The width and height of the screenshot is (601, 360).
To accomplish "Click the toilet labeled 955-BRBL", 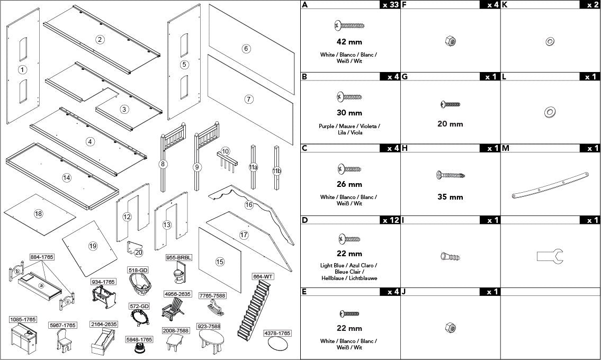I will [x=177, y=274].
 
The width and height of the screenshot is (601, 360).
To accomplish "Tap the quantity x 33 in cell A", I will [x=389, y=5].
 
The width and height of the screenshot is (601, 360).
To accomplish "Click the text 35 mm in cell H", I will [x=450, y=197].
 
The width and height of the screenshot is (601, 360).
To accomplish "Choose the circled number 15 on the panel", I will [x=220, y=261].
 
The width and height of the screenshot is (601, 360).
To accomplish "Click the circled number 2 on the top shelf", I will [x=99, y=39].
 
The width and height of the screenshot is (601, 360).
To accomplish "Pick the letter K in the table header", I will [x=505, y=5].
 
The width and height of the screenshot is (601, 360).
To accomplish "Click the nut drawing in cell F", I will [x=450, y=41].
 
